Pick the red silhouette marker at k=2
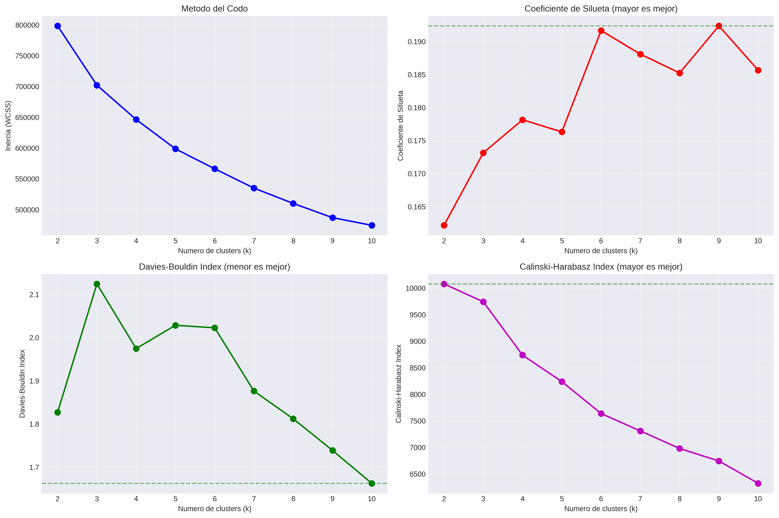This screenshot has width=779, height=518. click(444, 225)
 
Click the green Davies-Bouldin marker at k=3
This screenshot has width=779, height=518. click(97, 284)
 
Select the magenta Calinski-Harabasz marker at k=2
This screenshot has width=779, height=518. click(444, 284)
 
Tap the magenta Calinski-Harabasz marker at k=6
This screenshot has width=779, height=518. click(601, 414)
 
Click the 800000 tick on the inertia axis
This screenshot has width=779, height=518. click(27, 25)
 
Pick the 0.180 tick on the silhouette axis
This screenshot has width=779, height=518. click(416, 108)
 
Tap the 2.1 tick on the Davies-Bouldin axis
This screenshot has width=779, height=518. click(34, 295)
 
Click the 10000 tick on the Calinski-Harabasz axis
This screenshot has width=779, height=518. click(415, 288)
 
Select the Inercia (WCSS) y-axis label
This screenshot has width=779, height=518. click(8, 126)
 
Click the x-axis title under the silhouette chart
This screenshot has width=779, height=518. click(601, 251)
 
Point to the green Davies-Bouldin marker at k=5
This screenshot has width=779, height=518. click(175, 325)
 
